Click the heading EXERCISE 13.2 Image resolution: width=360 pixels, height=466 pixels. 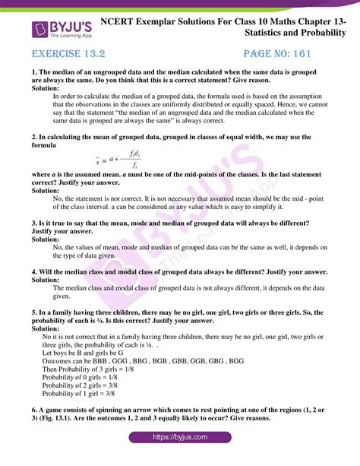coord(71,56)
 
